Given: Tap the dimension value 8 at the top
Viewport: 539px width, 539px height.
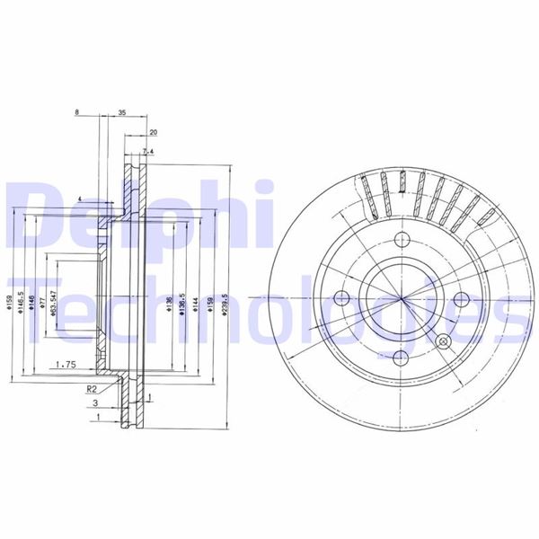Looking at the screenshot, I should (x=78, y=113).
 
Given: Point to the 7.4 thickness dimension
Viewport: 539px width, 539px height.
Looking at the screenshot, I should (x=148, y=150).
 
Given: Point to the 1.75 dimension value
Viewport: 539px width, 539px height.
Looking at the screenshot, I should (x=64, y=364).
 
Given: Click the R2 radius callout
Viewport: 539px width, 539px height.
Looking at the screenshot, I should (x=91, y=389).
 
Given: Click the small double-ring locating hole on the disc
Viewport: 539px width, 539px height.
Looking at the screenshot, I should (x=442, y=341).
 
